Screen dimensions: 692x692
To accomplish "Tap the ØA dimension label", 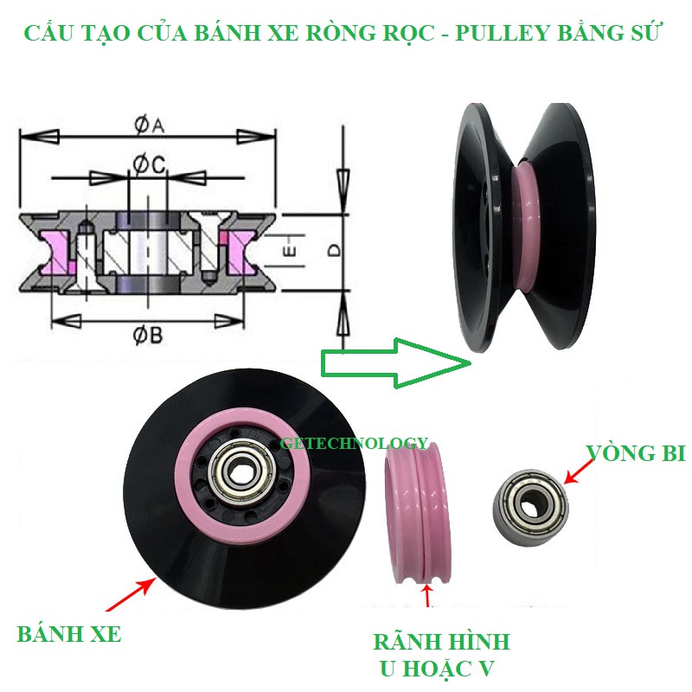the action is click(149, 125).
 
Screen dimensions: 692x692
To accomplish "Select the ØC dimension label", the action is click(149, 164).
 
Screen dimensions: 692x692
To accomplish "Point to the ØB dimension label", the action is click(147, 336).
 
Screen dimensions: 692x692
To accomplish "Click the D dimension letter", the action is click(335, 251).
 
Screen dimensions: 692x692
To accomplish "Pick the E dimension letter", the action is click(289, 250).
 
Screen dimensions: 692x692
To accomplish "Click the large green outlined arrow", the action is click(395, 362).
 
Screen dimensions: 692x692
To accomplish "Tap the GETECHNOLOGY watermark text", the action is click(355, 443).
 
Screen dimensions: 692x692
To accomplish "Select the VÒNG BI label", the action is click(636, 453).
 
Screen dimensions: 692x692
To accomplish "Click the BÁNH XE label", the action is click(69, 634).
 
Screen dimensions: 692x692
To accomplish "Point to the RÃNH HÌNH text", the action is click(441, 641).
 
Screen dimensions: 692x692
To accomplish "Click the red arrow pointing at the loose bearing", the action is click(579, 471).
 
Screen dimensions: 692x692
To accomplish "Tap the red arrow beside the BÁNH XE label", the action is click(131, 594).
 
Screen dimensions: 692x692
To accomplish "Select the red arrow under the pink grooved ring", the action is click(426, 594).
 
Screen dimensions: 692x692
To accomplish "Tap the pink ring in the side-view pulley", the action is click(523, 227).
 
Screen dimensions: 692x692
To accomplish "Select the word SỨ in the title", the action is click(646, 32).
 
